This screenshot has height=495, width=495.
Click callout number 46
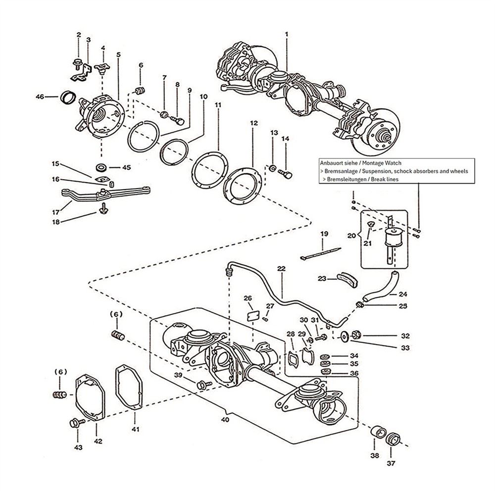(x=40, y=97)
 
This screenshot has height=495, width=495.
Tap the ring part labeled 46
(x=68, y=97)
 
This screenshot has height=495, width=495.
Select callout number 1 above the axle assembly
(x=287, y=34)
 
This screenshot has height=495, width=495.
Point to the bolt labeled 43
(x=77, y=423)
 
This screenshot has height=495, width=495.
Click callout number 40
(x=225, y=420)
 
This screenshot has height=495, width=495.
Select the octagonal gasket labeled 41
(x=129, y=387)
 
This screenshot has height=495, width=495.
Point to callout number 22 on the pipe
(x=281, y=269)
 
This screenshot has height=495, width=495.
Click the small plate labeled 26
(x=253, y=316)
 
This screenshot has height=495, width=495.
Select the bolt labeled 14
(x=285, y=174)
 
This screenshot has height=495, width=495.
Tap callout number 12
(x=254, y=123)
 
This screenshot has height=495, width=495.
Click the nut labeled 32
(x=356, y=334)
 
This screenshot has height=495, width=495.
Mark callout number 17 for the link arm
(x=55, y=212)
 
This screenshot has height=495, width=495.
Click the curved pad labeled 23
(x=347, y=280)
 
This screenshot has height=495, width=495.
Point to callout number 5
(x=118, y=54)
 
